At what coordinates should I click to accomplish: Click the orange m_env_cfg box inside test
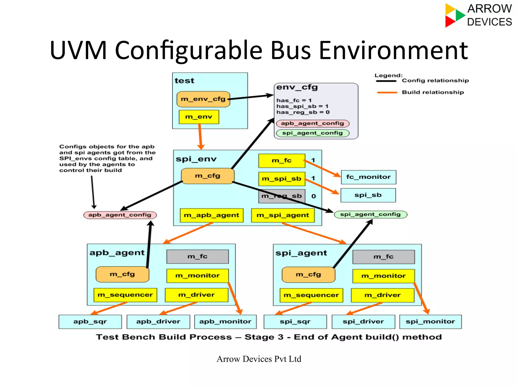(203, 99)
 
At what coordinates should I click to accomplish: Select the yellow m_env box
(199, 117)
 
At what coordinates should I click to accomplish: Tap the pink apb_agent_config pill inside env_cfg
(313, 123)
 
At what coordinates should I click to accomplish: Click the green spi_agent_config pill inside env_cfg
(313, 133)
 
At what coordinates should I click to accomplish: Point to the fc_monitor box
(368, 177)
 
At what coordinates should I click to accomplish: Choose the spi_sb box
(368, 195)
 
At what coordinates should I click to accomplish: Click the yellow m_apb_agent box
(212, 215)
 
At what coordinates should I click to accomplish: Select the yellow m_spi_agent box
(283, 215)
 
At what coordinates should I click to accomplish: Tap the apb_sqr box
(90, 322)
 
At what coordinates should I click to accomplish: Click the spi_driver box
(363, 322)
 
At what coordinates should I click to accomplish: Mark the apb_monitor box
(225, 322)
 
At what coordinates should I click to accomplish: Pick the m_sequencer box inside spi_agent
(311, 295)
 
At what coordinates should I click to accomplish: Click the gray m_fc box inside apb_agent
(197, 256)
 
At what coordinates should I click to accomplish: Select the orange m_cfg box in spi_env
(208, 176)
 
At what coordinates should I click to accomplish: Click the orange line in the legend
(387, 93)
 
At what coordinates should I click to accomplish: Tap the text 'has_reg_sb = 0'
(303, 112)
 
